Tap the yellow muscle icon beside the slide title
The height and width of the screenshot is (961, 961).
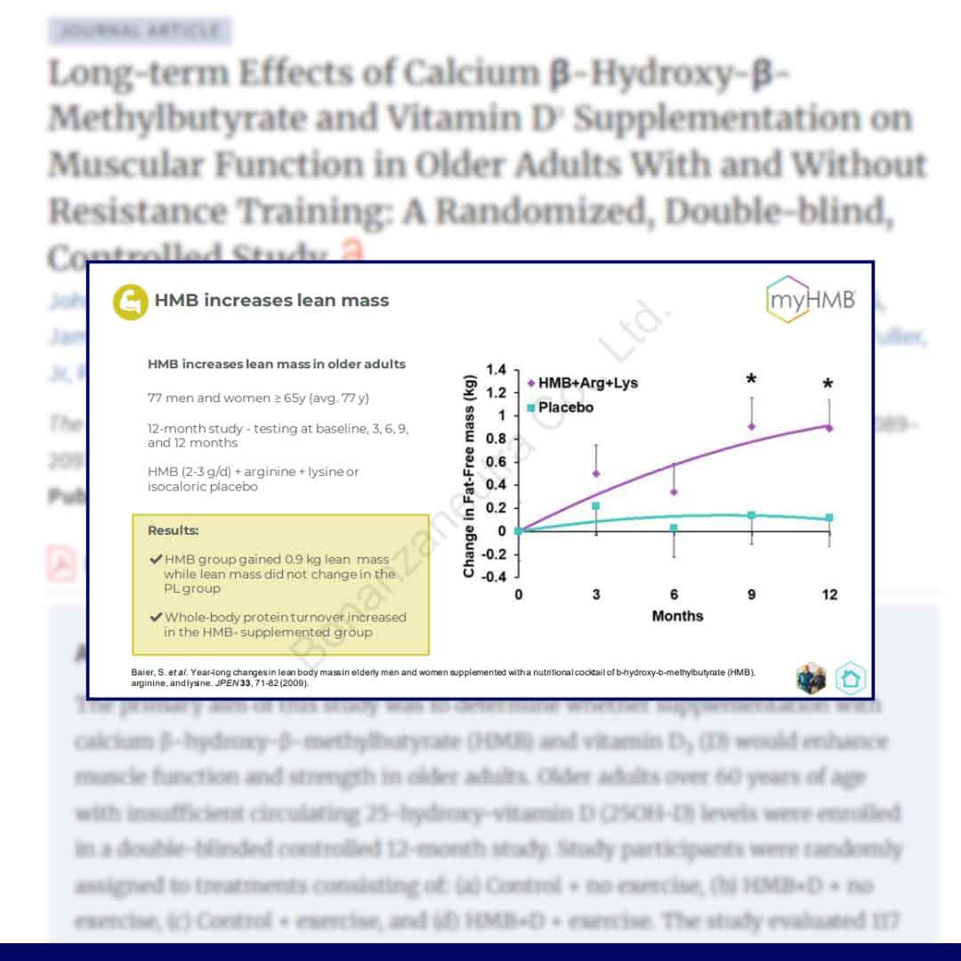pos(130,301)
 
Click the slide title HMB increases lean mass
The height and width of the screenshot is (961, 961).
pos(271,301)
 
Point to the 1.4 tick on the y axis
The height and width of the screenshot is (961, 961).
pos(497,369)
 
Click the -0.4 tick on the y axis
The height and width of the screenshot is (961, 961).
pos(494,577)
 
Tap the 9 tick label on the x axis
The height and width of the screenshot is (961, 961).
pos(752,594)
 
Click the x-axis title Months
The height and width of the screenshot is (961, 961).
pos(677,616)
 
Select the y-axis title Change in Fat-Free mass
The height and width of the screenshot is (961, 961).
pos(469,475)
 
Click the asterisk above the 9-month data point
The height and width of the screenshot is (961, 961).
pos(752,381)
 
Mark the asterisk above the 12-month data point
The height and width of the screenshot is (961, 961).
pos(828,385)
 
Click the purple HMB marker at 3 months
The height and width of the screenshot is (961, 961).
pos(596,473)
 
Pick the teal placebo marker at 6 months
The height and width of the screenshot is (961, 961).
pos(674,529)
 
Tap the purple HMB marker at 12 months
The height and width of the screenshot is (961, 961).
pos(829,428)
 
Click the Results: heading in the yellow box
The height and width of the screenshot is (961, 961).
pos(174,530)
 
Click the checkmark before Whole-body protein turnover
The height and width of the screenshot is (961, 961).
pos(157,617)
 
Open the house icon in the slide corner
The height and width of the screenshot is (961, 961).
pos(851,678)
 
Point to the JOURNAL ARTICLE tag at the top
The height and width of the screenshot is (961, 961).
pos(140,31)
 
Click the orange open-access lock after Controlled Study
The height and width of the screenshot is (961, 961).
pos(353,253)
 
